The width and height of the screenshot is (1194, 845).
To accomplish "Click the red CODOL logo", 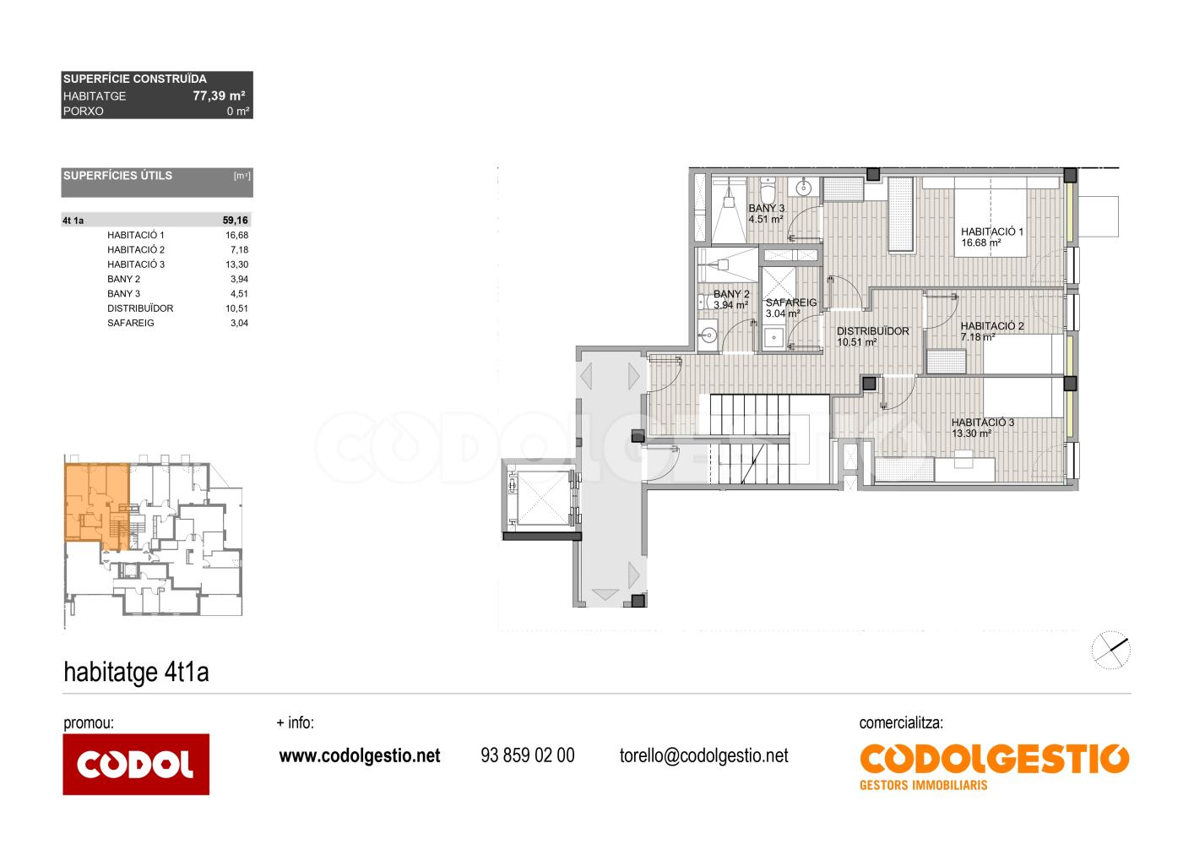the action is [x=136, y=764].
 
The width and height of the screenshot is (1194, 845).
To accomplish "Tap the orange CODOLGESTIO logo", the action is [x=994, y=766].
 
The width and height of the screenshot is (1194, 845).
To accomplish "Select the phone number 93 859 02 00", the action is [x=528, y=755].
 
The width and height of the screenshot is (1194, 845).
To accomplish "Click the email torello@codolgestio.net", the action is [x=703, y=755].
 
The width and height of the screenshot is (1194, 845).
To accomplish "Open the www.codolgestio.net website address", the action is [x=360, y=755].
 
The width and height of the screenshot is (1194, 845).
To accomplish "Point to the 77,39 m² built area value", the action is [x=219, y=96].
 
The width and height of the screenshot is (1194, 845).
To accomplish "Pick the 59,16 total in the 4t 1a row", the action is [x=235, y=221].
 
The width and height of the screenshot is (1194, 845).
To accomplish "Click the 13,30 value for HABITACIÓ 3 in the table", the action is [x=236, y=264].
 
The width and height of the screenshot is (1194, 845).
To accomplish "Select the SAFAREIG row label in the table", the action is [x=131, y=323].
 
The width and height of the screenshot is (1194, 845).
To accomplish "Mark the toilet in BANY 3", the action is [x=768, y=191].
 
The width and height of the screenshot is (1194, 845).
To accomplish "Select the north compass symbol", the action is [x=1111, y=651].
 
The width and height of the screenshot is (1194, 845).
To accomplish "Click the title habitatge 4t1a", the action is [x=136, y=672].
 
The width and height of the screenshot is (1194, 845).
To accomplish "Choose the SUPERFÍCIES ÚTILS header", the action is [x=118, y=176].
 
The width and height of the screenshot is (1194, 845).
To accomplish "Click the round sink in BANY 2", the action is [x=708, y=335].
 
